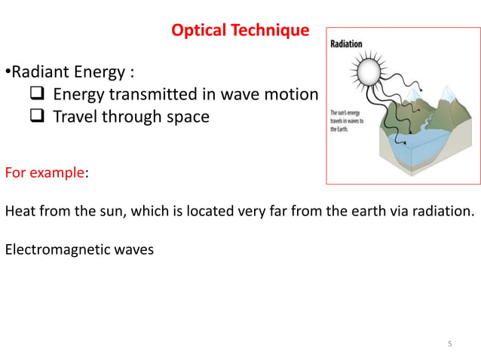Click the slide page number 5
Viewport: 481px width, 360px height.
pyautogui.click(x=450, y=344)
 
